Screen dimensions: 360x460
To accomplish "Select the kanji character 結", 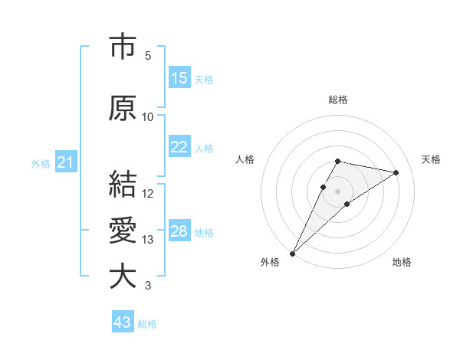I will click(123, 184).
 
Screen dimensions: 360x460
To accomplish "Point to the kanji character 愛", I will click(123, 231).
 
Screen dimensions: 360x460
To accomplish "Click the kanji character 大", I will click(123, 277).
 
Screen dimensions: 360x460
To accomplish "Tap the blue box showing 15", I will click(179, 78).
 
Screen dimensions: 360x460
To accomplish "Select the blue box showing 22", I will click(179, 147).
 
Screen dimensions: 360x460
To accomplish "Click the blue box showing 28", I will click(179, 231).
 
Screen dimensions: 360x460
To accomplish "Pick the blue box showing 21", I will click(65, 163).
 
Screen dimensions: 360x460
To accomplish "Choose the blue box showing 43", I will click(123, 322).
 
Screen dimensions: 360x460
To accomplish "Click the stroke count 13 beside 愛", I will click(148, 240).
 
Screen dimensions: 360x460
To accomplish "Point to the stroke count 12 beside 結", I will click(148, 193).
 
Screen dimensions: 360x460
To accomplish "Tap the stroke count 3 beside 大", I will click(148, 286).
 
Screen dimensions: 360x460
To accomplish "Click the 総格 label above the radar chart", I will click(337, 100).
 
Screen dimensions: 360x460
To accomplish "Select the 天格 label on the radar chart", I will click(431, 159).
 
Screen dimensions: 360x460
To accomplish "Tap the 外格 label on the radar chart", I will click(270, 262).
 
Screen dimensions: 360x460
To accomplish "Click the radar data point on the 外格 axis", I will click(292, 253).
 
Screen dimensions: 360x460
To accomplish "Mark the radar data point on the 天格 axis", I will click(396, 172).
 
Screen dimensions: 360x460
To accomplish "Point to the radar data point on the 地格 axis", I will click(347, 203).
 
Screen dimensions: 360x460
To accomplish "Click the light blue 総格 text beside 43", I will click(147, 324).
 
